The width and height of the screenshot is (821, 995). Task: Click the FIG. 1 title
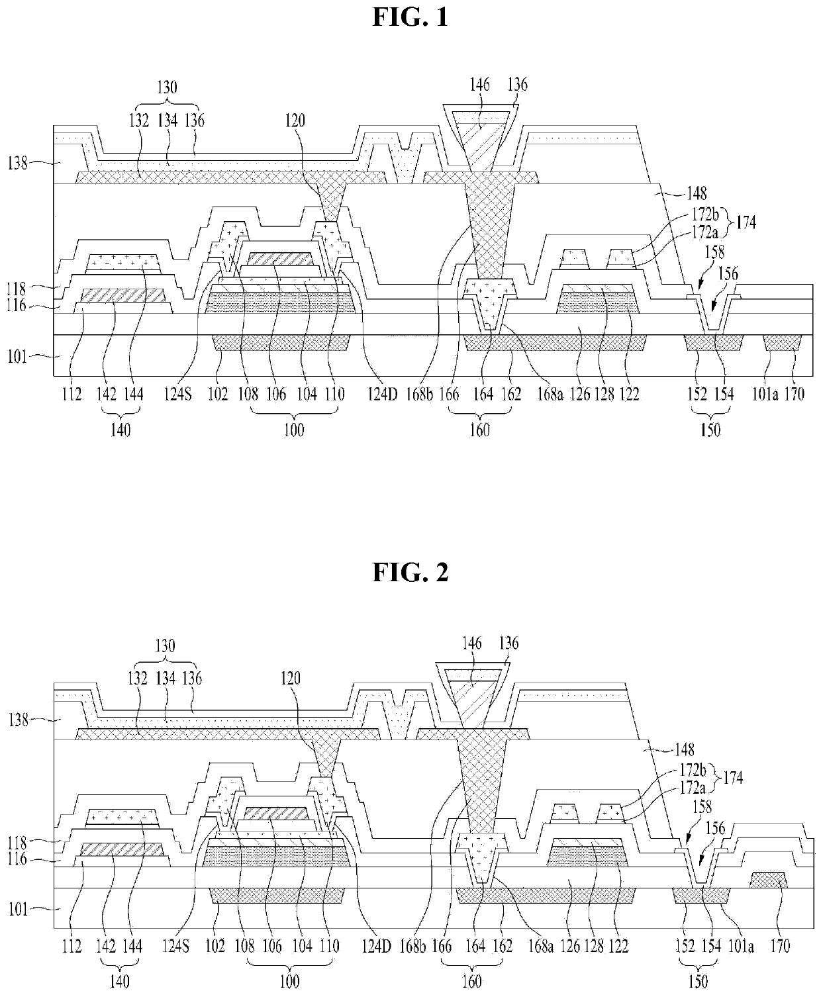(410, 17)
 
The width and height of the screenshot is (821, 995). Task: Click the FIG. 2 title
(410, 572)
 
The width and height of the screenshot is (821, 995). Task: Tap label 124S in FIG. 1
(178, 394)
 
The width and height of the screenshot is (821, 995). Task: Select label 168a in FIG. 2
(541, 946)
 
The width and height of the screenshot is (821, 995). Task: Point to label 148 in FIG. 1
(697, 193)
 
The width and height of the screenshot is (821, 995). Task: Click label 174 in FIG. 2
(733, 778)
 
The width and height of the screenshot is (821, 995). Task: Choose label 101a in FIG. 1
(765, 394)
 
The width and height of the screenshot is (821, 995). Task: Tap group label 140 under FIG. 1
(120, 430)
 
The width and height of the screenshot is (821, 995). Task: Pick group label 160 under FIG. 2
(472, 982)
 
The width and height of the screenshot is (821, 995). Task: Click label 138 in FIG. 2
(19, 720)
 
